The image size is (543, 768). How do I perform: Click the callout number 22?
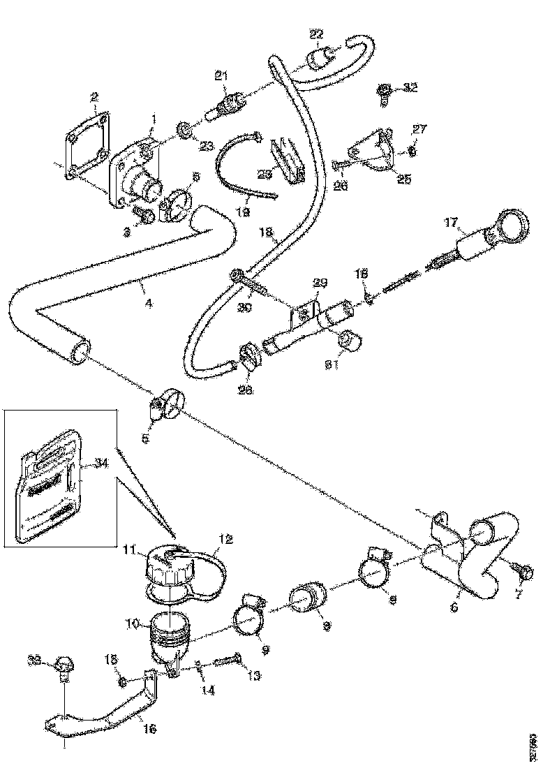pos(316,34)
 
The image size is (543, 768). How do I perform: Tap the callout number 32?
pos(410,87)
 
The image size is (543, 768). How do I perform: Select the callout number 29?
pos(319,283)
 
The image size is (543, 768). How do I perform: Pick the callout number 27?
pos(419,129)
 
